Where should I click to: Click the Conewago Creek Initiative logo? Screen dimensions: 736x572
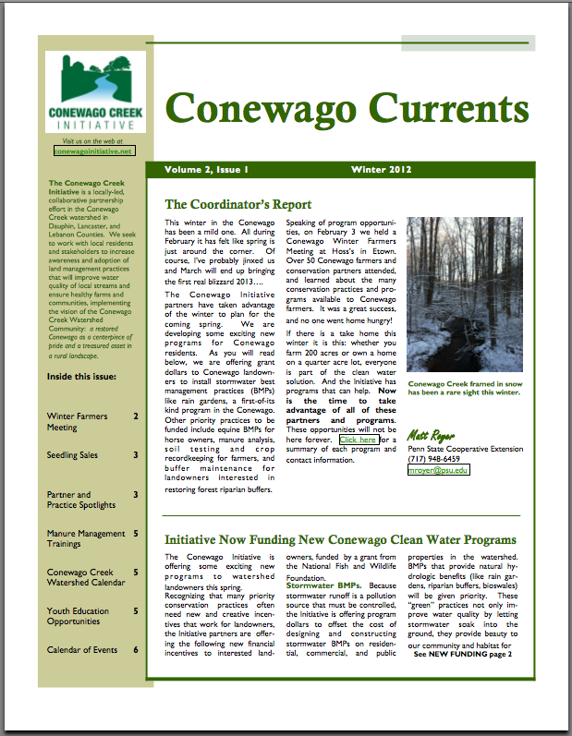[95, 91]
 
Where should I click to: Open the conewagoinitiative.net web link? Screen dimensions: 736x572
[93, 150]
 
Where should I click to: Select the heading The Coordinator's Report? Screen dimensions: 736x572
[237, 204]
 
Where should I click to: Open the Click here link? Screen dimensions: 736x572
[358, 440]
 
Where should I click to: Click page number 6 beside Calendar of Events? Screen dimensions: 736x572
[136, 649]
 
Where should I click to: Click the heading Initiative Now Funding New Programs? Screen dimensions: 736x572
[339, 539]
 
